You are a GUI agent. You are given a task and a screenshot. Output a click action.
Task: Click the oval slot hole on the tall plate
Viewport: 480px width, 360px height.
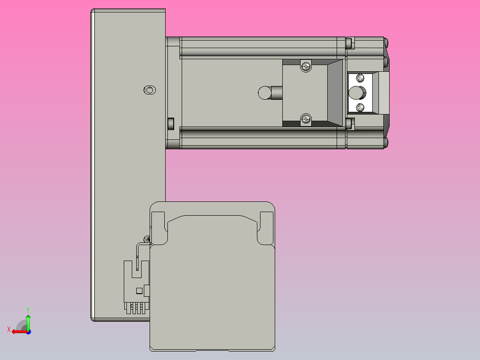[x=150, y=90]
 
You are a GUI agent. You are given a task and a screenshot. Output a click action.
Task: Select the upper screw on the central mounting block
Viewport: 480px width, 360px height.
[x=305, y=66]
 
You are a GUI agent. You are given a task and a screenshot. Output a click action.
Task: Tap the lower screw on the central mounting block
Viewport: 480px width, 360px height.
[x=305, y=119]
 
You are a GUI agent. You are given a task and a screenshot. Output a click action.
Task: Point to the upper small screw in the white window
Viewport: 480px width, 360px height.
[x=359, y=79]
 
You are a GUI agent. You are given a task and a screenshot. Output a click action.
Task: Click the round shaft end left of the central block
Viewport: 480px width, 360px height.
[x=264, y=93]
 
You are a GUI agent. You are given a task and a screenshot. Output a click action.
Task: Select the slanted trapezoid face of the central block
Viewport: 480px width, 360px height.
[x=336, y=93]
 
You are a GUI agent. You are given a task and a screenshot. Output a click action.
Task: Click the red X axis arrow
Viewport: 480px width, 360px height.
[x=18, y=331]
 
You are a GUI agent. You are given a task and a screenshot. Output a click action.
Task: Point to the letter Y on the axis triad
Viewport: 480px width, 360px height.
[x=28, y=309]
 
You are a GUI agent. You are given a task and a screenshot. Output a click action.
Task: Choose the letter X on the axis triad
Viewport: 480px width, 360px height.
[x=9, y=329]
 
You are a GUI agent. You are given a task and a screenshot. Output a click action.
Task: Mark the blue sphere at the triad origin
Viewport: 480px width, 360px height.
[x=28, y=331]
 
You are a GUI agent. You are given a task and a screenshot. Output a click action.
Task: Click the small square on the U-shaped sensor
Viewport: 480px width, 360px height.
[x=139, y=291]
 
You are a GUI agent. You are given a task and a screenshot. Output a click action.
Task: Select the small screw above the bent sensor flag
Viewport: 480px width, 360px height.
[x=147, y=239]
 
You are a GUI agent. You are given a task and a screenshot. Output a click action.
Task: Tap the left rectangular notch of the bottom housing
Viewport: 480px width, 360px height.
[x=159, y=223]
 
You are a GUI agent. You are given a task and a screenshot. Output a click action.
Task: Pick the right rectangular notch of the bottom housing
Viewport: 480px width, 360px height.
[x=266, y=223]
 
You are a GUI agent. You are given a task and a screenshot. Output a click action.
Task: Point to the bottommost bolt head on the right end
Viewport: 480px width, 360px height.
[x=386, y=143]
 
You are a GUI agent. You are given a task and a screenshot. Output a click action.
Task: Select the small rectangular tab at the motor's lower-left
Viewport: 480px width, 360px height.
[x=170, y=123]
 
